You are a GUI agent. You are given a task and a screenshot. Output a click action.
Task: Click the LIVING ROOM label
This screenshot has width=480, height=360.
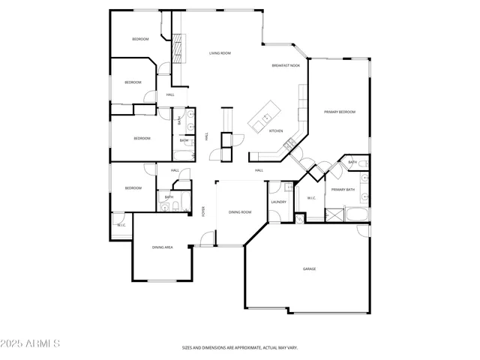(x=220, y=53)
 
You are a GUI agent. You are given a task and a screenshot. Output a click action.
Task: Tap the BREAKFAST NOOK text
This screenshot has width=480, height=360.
(x=286, y=66)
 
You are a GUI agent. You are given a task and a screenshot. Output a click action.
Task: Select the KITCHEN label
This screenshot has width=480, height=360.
(x=276, y=131)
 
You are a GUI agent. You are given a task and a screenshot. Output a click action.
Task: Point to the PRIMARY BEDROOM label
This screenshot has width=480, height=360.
(x=340, y=112)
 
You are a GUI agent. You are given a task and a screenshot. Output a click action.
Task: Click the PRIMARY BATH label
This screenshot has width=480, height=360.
(x=343, y=190)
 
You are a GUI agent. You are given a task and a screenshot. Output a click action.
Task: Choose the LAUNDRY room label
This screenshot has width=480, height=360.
(x=278, y=202)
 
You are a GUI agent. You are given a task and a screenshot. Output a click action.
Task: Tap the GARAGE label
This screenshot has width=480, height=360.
(x=309, y=268)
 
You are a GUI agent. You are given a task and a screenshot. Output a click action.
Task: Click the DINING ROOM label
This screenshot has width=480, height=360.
(x=240, y=212)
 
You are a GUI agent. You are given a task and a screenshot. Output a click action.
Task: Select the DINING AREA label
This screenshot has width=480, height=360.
(x=163, y=247)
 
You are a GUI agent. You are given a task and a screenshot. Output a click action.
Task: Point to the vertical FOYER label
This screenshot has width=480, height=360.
(x=203, y=211)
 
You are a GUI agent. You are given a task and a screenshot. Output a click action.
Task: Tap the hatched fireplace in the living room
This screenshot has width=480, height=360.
(x=178, y=49)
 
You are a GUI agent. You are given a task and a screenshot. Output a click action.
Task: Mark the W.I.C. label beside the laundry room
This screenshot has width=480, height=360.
(x=312, y=198)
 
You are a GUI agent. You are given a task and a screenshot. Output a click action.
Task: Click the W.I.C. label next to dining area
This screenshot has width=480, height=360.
(x=121, y=224)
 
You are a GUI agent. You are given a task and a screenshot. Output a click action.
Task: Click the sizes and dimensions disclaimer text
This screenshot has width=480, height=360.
(x=240, y=348)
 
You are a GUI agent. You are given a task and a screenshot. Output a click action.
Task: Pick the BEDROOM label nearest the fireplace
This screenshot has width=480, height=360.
(x=140, y=39)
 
